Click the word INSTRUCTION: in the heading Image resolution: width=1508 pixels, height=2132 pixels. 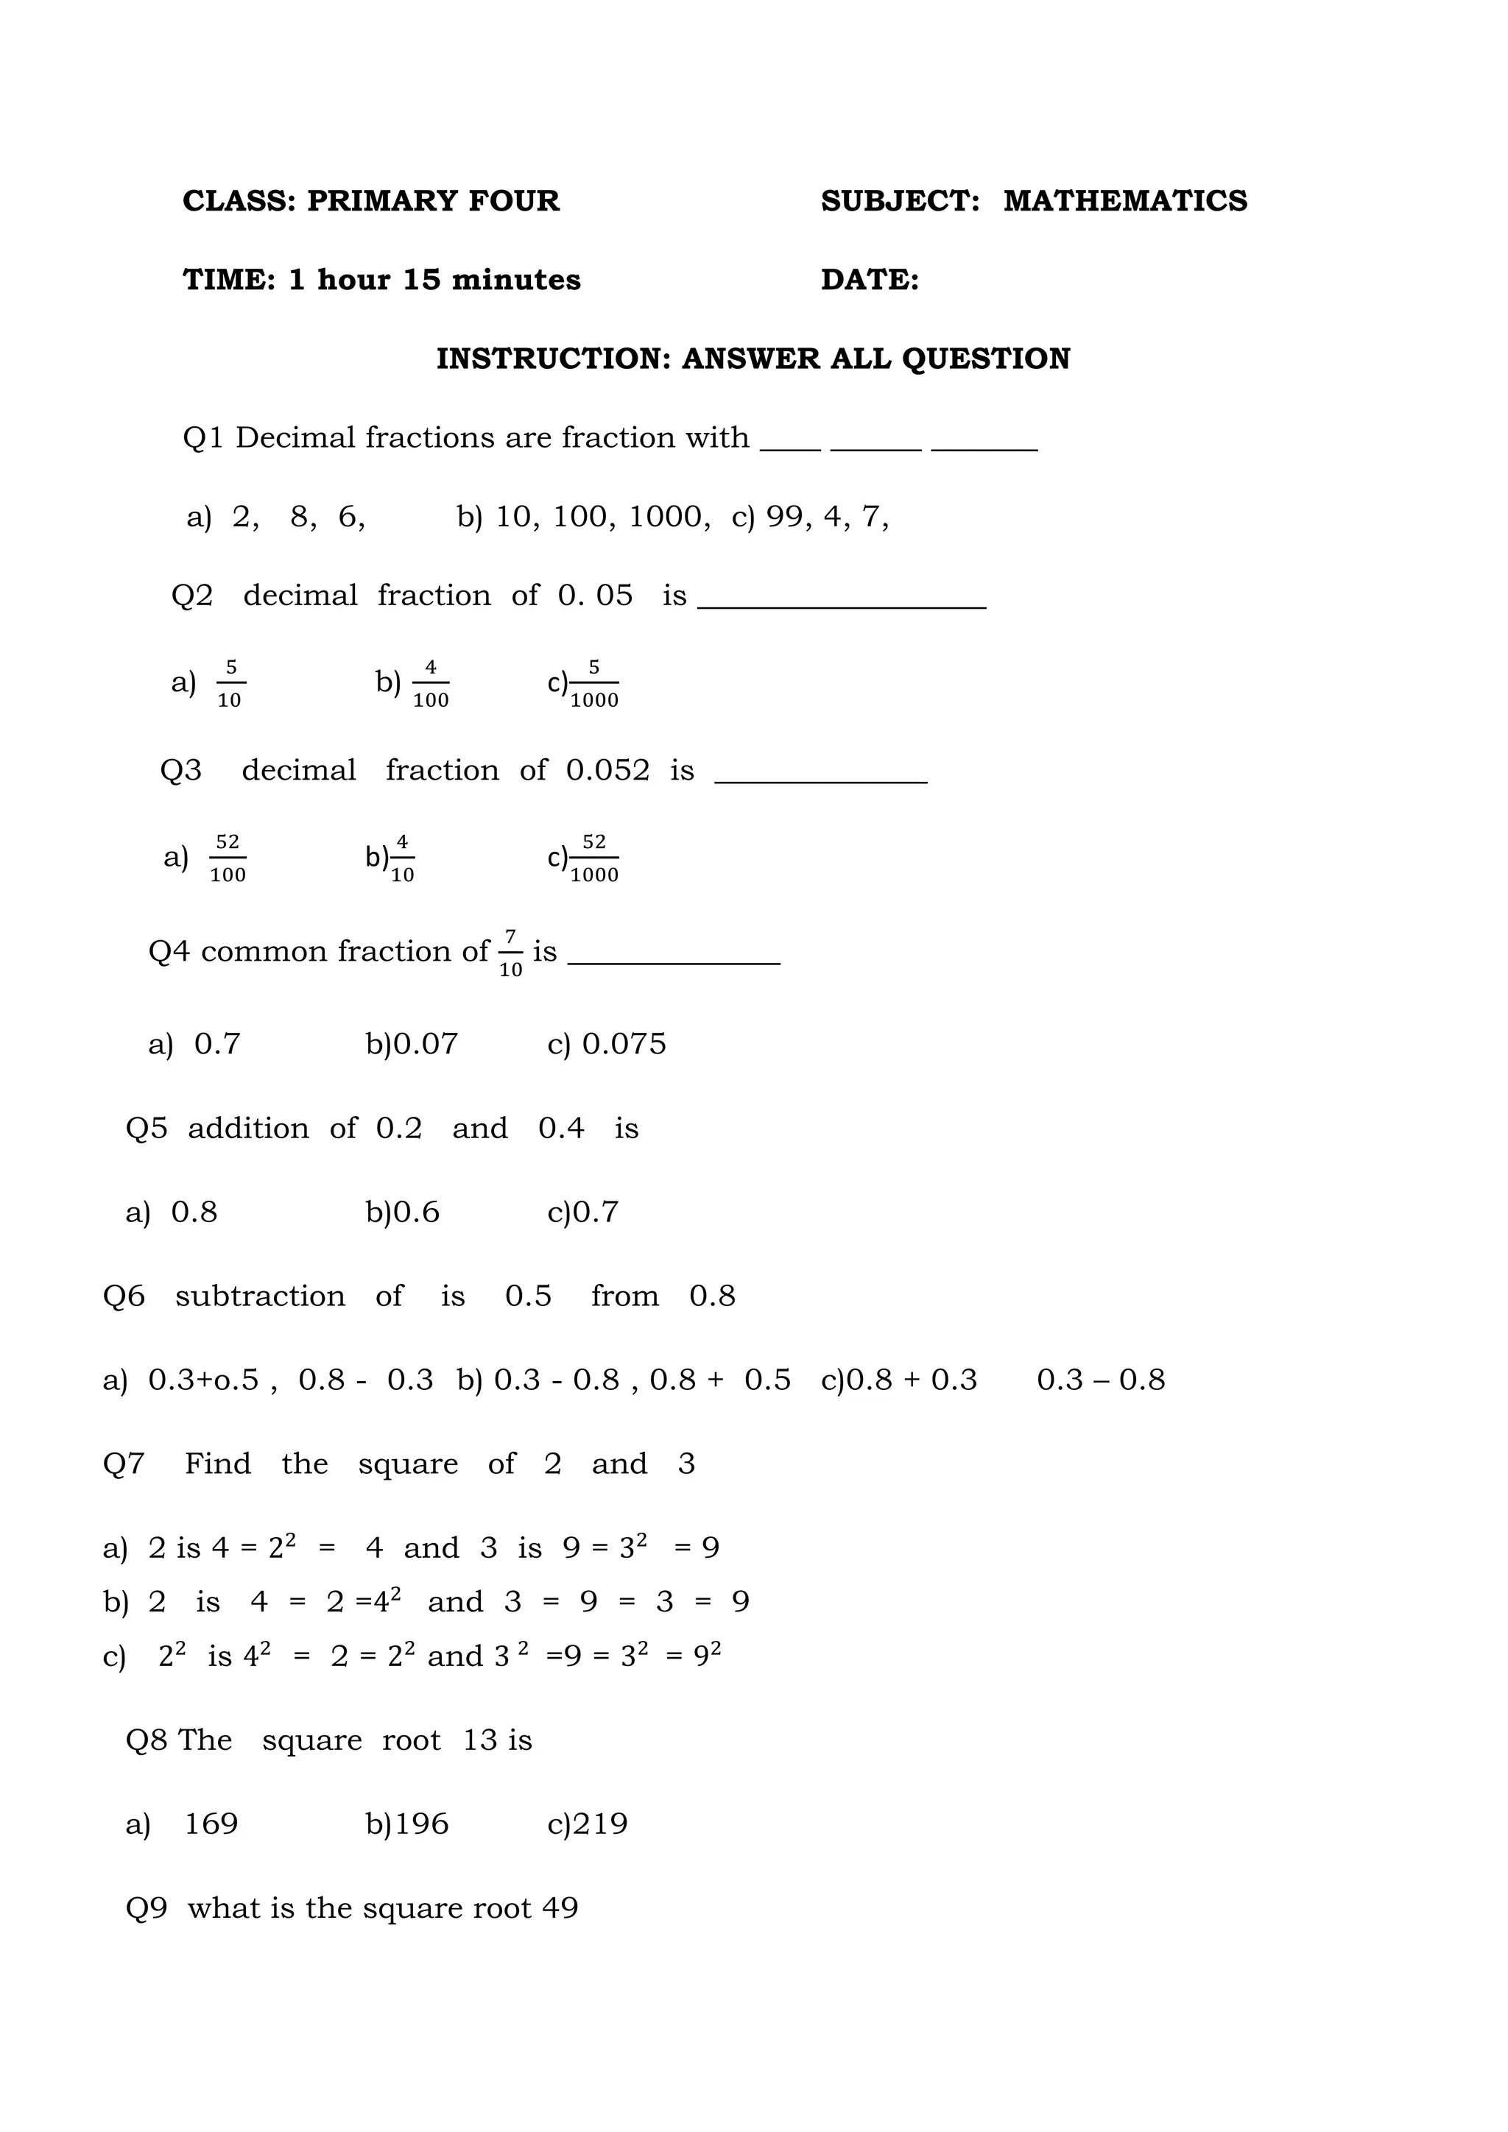point(554,359)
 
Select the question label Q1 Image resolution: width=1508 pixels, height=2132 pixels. point(202,437)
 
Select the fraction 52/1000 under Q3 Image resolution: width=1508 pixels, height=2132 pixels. point(593,858)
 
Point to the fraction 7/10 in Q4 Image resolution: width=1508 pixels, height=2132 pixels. point(510,953)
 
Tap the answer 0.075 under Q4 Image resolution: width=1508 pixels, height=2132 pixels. point(623,1044)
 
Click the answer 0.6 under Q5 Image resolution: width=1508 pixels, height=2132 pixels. point(416,1212)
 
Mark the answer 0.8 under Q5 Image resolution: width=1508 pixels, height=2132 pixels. point(194,1212)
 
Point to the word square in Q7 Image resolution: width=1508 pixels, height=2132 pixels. point(408,1464)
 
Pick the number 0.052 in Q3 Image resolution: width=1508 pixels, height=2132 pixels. point(607,770)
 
